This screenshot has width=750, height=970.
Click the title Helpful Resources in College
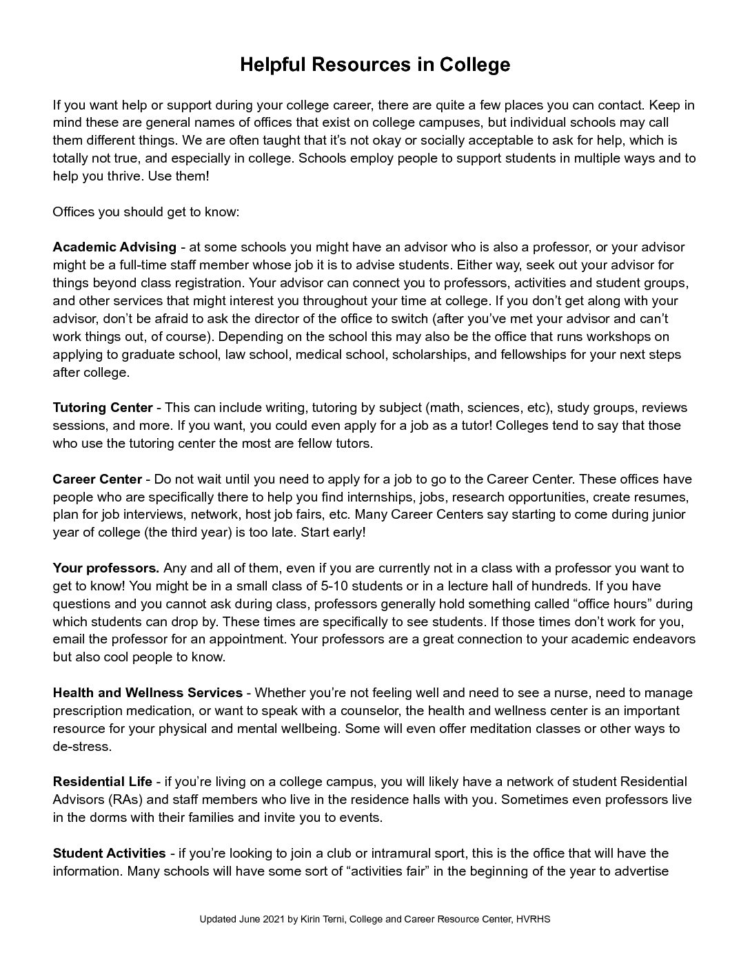375,65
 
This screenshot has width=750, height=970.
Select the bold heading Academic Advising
114,247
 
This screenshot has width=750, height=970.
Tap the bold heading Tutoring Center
103,408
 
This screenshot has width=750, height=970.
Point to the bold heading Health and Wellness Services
148,693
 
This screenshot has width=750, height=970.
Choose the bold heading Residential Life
103,782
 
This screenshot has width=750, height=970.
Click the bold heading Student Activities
109,854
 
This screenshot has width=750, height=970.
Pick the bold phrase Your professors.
106,568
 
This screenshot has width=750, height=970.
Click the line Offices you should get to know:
145,211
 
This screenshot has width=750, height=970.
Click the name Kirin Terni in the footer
323,920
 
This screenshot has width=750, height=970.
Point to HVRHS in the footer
533,920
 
